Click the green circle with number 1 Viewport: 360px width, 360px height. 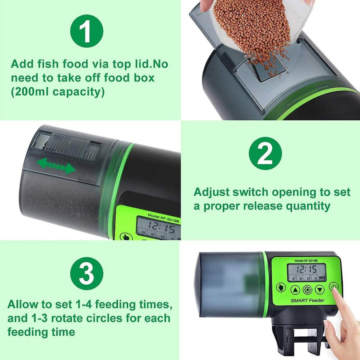[87, 31]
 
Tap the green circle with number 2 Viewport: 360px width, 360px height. [265, 153]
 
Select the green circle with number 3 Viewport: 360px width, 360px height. [87, 273]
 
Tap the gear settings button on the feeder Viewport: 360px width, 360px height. [307, 289]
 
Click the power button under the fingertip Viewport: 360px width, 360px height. [333, 287]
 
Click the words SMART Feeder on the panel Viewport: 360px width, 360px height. [307, 300]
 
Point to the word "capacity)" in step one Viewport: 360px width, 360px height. [79, 92]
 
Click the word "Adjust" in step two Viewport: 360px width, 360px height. [211, 192]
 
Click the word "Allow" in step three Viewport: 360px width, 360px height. [23, 304]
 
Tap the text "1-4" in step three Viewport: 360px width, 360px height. [84, 304]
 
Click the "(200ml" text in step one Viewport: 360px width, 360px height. [30, 92]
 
